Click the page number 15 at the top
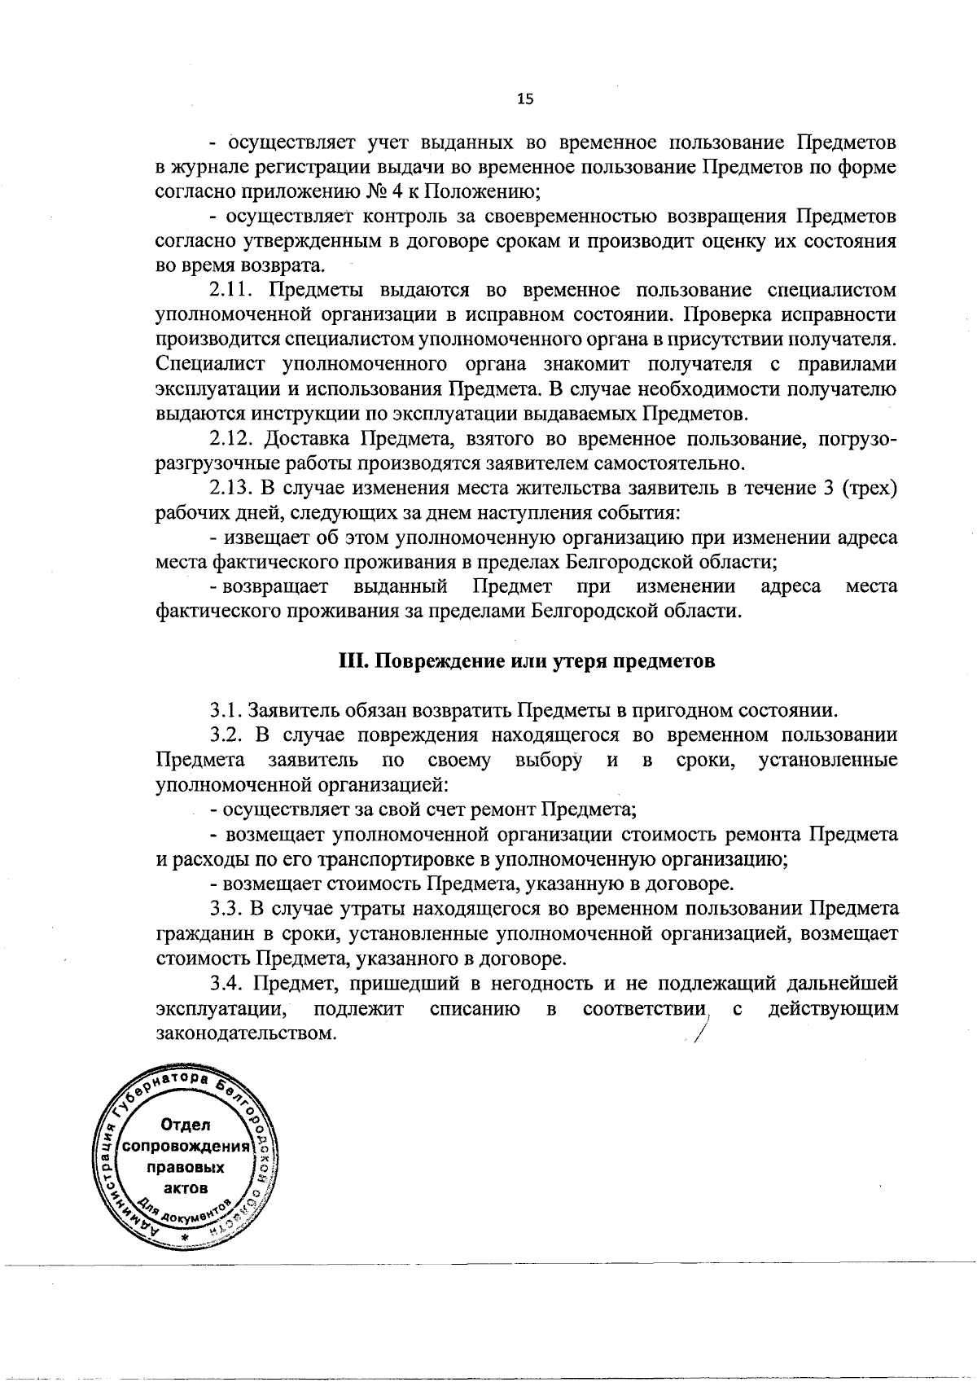point(525,99)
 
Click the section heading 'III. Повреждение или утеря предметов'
point(527,661)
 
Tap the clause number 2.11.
point(233,291)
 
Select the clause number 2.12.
point(233,440)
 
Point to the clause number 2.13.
point(233,489)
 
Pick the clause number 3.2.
point(228,735)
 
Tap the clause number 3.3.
point(226,907)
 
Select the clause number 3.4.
point(228,983)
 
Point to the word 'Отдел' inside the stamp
point(186,1125)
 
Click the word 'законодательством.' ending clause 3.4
point(246,1033)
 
